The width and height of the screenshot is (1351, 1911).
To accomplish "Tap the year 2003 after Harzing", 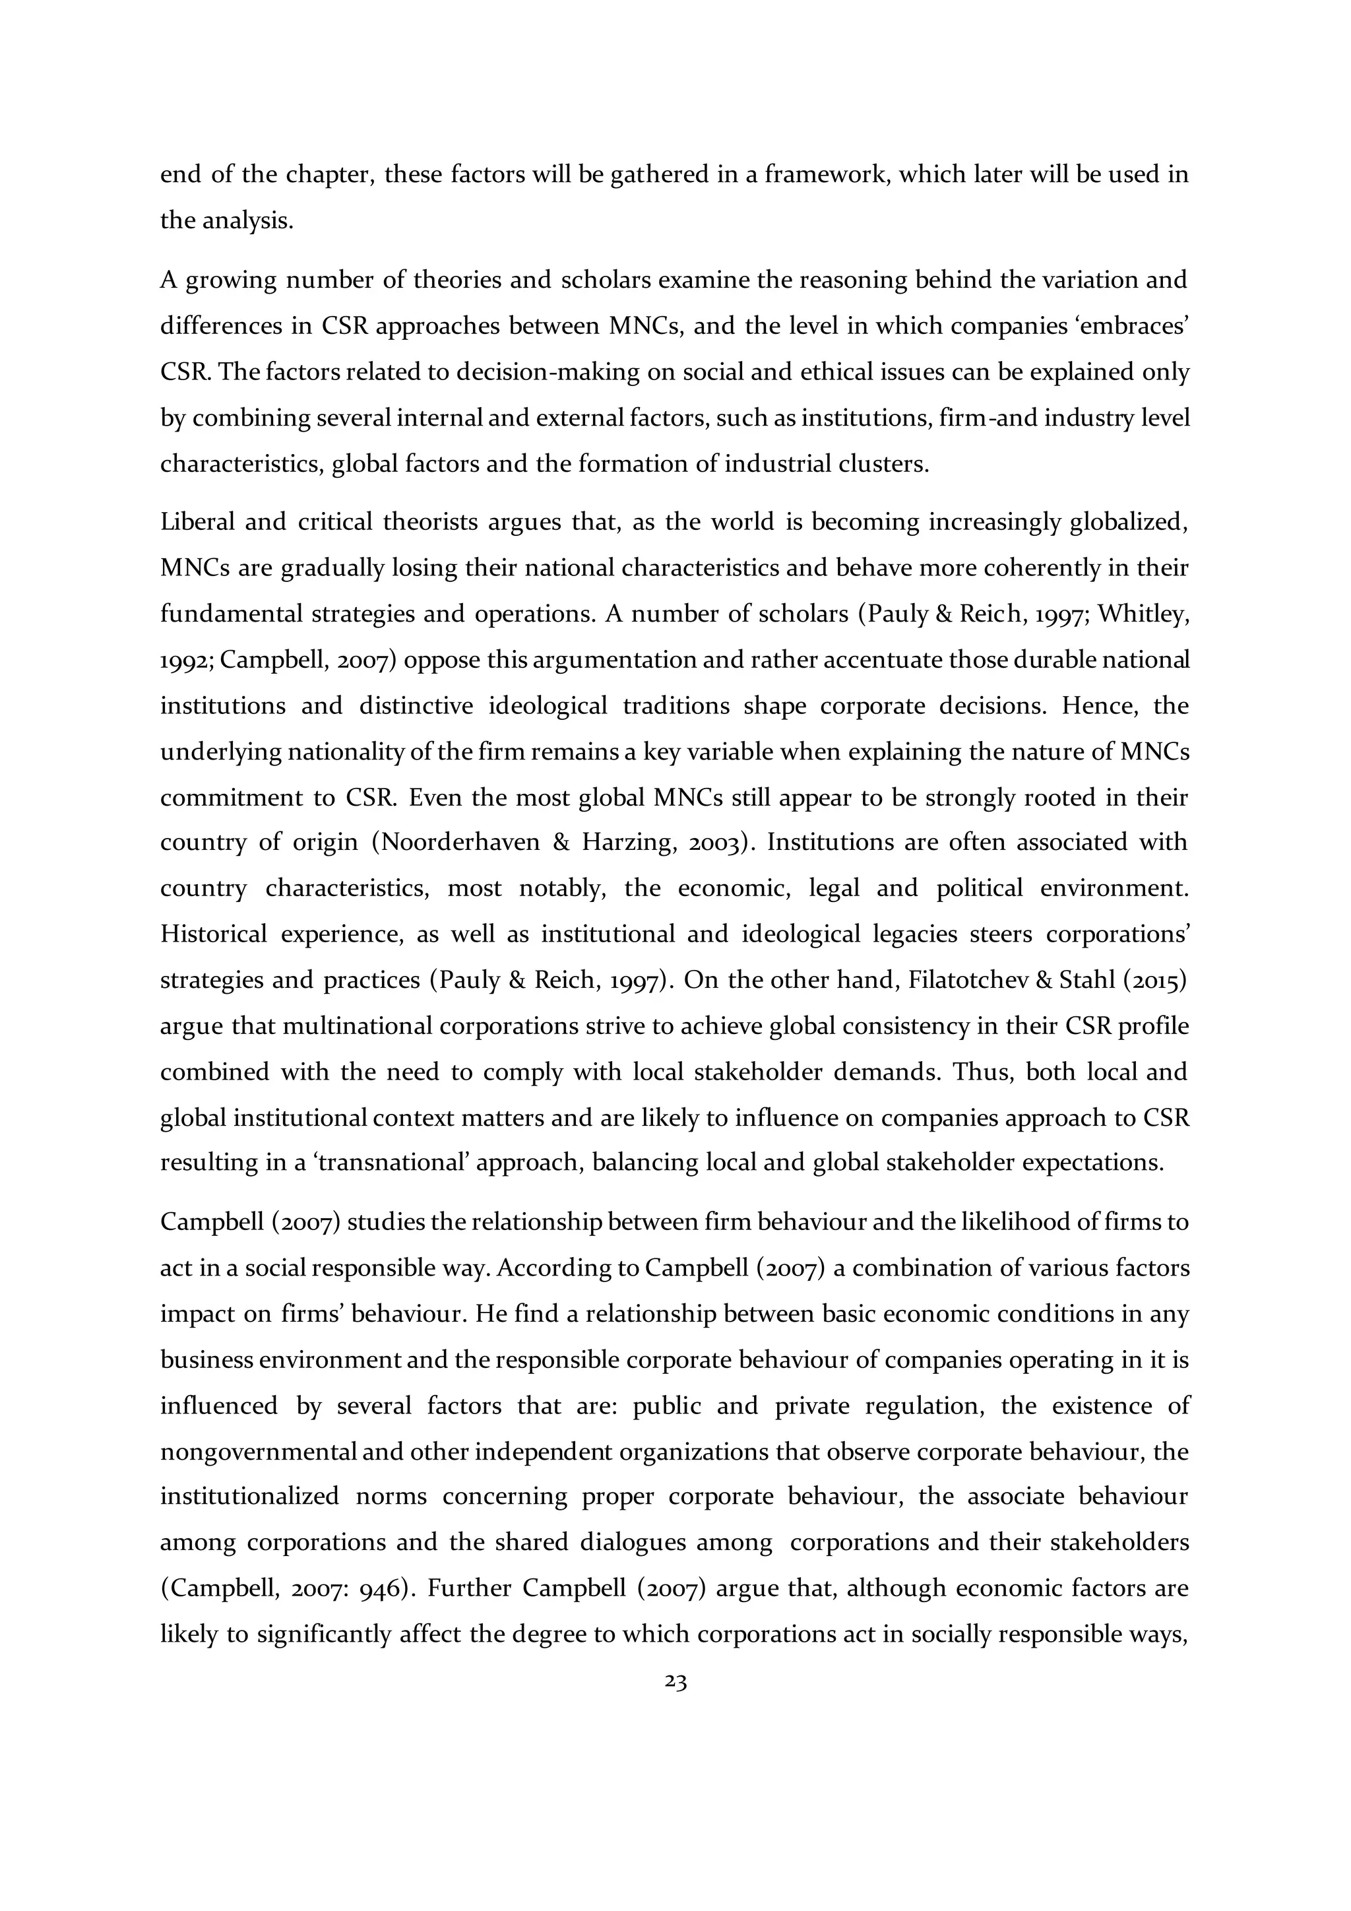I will point(714,843).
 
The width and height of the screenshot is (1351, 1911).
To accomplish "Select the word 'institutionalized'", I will point(249,1497).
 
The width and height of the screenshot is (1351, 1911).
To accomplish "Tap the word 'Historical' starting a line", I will point(213,934).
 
